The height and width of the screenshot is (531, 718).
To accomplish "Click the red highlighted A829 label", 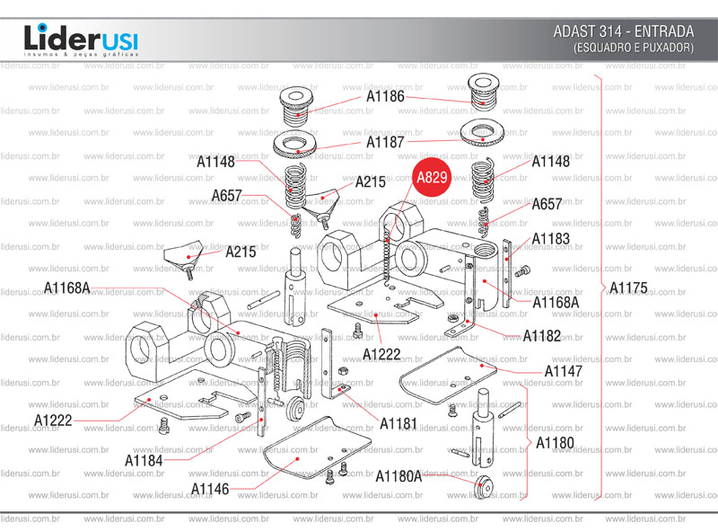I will (x=432, y=178).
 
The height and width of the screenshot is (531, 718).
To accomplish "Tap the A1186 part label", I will (x=385, y=95).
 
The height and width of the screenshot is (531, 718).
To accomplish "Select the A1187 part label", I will (x=385, y=142).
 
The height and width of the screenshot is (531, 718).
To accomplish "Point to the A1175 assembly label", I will (x=627, y=288).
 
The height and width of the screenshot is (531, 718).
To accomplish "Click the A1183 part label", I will (x=550, y=239).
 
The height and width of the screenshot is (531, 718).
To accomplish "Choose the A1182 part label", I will (x=542, y=336).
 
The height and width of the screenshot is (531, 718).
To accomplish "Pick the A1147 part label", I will (x=563, y=370).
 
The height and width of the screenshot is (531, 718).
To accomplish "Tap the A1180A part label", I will (x=398, y=475).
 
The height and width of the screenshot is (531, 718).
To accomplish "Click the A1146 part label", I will (x=210, y=489).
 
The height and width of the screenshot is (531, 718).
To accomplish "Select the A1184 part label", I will (x=144, y=461).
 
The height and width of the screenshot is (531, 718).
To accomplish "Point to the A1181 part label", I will (x=398, y=422).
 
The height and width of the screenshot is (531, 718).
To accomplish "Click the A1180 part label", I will (x=555, y=443).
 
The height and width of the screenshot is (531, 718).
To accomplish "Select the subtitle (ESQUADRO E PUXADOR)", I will (x=633, y=48).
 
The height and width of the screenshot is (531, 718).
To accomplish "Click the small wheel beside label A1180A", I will (x=485, y=486).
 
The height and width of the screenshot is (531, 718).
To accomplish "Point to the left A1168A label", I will (x=68, y=288).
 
